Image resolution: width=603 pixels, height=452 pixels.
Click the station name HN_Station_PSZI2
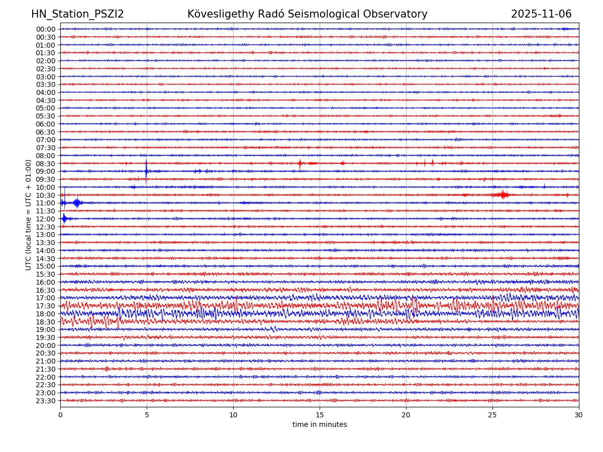point(77,15)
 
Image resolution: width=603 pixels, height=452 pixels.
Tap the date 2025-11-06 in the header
point(541,15)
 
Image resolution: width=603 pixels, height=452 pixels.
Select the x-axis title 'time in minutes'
point(320,424)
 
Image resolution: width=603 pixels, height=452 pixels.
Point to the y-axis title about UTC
point(29,214)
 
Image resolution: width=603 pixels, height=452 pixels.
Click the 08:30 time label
point(46,164)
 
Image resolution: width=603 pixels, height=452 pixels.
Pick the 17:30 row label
point(46,306)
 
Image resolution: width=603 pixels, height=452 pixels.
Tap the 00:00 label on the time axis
point(46,29)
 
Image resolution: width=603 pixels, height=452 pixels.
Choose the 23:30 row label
point(46,401)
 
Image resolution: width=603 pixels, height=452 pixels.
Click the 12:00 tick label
point(46,219)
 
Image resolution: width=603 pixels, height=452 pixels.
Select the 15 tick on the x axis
point(320,415)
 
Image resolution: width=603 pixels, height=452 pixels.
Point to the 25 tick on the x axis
point(492,415)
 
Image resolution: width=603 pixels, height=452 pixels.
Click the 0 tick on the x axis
point(60,415)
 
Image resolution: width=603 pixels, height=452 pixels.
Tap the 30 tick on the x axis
point(579,415)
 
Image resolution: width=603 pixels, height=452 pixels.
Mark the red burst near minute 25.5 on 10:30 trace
point(502,195)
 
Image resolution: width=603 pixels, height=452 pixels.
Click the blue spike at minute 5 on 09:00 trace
point(146,171)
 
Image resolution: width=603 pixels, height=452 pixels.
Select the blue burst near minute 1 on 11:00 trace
point(76,203)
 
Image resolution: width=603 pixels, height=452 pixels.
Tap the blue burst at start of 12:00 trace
point(64,218)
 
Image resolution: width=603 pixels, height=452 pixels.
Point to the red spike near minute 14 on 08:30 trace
point(300,163)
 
